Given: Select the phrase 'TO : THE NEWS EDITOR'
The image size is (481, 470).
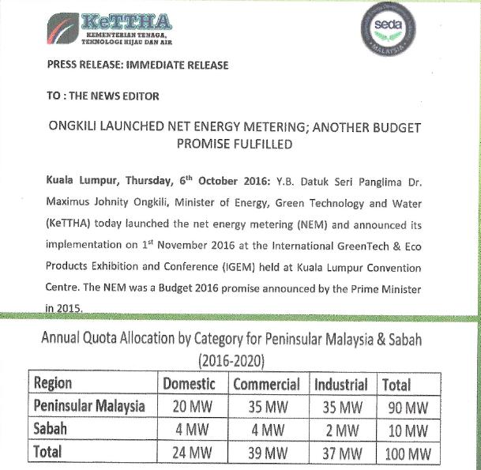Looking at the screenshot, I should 103,96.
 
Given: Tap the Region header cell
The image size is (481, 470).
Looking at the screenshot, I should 53,384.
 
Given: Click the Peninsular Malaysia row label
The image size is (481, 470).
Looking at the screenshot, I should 90,407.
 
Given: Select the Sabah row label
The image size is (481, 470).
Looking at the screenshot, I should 51,431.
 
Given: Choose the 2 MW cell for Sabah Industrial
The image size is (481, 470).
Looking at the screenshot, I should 341,431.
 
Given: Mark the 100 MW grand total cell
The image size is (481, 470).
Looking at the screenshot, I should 406,455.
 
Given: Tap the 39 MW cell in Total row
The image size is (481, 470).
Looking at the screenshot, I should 265,455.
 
